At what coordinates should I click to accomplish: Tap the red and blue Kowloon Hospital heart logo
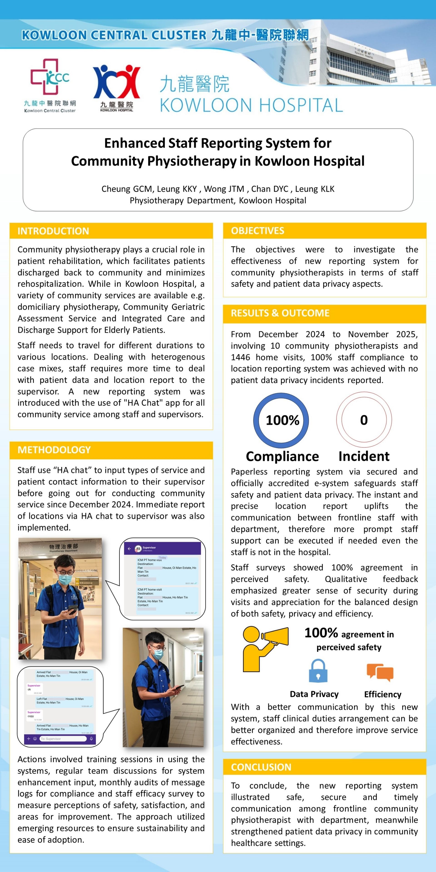(x=116, y=82)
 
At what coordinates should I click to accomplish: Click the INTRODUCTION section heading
(x=53, y=231)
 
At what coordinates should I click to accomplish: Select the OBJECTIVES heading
(x=258, y=231)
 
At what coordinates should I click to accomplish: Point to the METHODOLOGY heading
(x=54, y=450)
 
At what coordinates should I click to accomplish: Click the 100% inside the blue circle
(x=282, y=420)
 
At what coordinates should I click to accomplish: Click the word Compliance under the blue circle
(x=282, y=456)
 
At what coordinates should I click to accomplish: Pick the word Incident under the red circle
(x=364, y=456)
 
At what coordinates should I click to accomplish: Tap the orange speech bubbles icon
(x=380, y=672)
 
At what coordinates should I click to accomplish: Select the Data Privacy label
(x=314, y=694)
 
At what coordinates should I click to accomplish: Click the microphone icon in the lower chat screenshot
(x=91, y=739)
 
